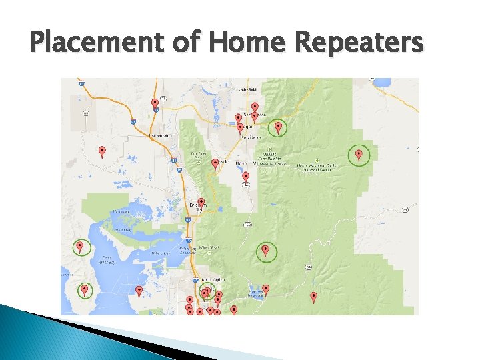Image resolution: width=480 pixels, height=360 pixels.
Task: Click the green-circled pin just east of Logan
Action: pyautogui.click(x=278, y=127)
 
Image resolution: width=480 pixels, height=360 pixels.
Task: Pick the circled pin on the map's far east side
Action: pyautogui.click(x=359, y=155)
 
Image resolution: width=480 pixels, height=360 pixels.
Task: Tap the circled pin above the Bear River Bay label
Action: pyautogui.click(x=80, y=247)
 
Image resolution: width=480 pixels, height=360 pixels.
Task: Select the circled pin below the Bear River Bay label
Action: pyautogui.click(x=85, y=290)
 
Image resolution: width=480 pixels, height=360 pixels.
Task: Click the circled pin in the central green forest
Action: pyautogui.click(x=265, y=251)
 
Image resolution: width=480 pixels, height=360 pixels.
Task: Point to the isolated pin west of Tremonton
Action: pyautogui.click(x=102, y=151)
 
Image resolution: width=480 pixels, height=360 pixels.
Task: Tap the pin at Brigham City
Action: pyautogui.click(x=201, y=202)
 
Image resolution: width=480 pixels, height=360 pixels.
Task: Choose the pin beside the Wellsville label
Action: pyautogui.click(x=215, y=163)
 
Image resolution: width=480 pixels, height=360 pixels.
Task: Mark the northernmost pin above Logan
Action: pyautogui.click(x=255, y=107)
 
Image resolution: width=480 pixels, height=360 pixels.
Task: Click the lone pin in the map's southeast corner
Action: pyautogui.click(x=314, y=296)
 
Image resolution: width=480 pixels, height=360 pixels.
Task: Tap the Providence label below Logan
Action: pyautogui.click(x=251, y=137)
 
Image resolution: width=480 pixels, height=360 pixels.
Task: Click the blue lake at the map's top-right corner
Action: pyautogui.click(x=383, y=83)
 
